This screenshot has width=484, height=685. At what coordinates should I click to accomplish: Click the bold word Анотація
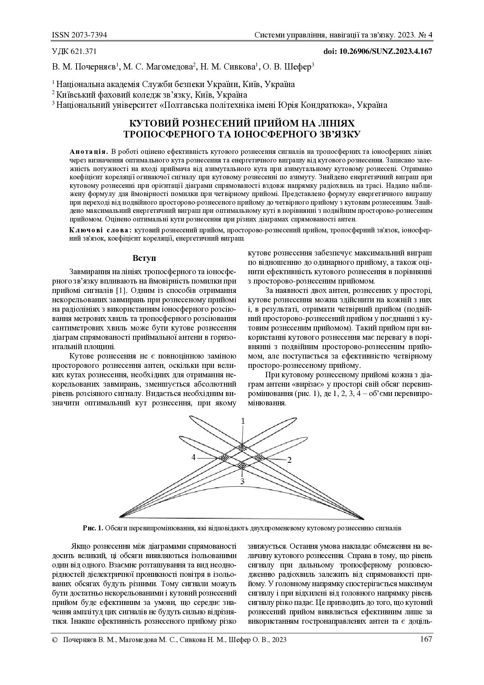click(89, 151)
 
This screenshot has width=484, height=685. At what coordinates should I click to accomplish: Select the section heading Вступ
click(144, 259)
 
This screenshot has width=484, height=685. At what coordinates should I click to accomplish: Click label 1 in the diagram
click(243, 421)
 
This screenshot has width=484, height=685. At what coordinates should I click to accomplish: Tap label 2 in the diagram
click(289, 460)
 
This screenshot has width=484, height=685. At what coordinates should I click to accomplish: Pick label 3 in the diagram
click(242, 482)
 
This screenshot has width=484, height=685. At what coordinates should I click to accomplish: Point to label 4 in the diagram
click(194, 457)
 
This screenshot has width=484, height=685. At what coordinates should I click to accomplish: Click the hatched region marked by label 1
click(242, 447)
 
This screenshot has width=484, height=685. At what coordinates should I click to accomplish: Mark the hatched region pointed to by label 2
click(259, 457)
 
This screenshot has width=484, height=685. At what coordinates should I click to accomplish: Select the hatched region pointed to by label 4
click(224, 457)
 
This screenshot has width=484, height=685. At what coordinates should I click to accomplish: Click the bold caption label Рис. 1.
click(93, 528)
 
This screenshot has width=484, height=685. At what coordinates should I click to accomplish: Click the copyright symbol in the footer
click(55, 640)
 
